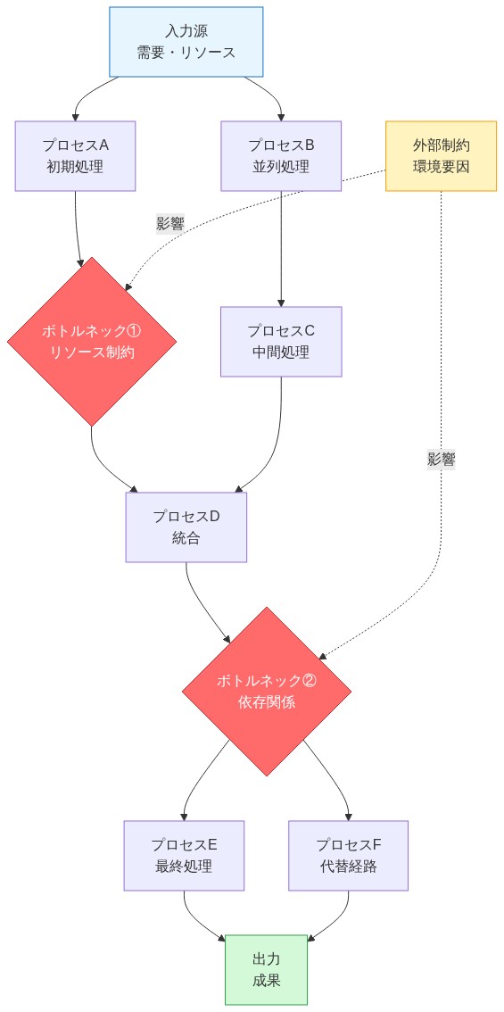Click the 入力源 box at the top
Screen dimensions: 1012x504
[x=186, y=42]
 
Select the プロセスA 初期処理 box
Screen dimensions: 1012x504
[x=76, y=155]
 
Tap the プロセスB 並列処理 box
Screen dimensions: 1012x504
[x=281, y=155]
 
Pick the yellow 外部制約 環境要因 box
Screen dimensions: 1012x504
[x=441, y=155]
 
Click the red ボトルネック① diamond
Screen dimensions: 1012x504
[x=92, y=341]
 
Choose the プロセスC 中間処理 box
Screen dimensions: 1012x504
[x=281, y=341]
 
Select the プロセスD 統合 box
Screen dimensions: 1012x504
[x=186, y=527]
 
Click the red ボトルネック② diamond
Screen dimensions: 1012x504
[x=266, y=692]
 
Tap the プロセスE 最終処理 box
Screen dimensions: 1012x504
[x=184, y=855]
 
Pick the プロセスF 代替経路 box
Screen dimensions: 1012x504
[x=348, y=855]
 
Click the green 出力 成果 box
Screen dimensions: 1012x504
[x=266, y=970]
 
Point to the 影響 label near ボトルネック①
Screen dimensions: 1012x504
[x=169, y=224]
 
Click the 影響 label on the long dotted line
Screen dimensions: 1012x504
[x=442, y=460]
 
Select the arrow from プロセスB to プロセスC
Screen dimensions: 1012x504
[x=281, y=250]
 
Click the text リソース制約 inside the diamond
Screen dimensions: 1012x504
[x=92, y=352]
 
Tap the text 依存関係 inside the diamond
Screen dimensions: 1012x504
[x=266, y=702]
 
